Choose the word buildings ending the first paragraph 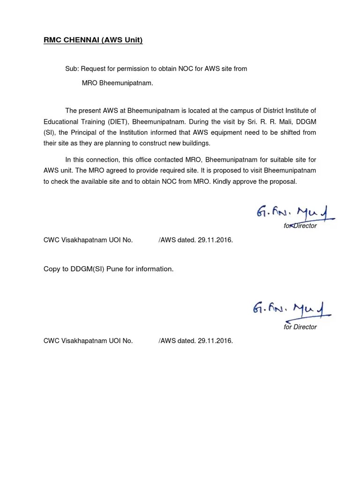click(195, 143)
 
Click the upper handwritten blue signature click(294, 214)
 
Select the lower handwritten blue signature click(292, 309)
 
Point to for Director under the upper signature click(300, 226)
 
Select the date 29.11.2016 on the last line click(215, 341)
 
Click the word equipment click(232, 132)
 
